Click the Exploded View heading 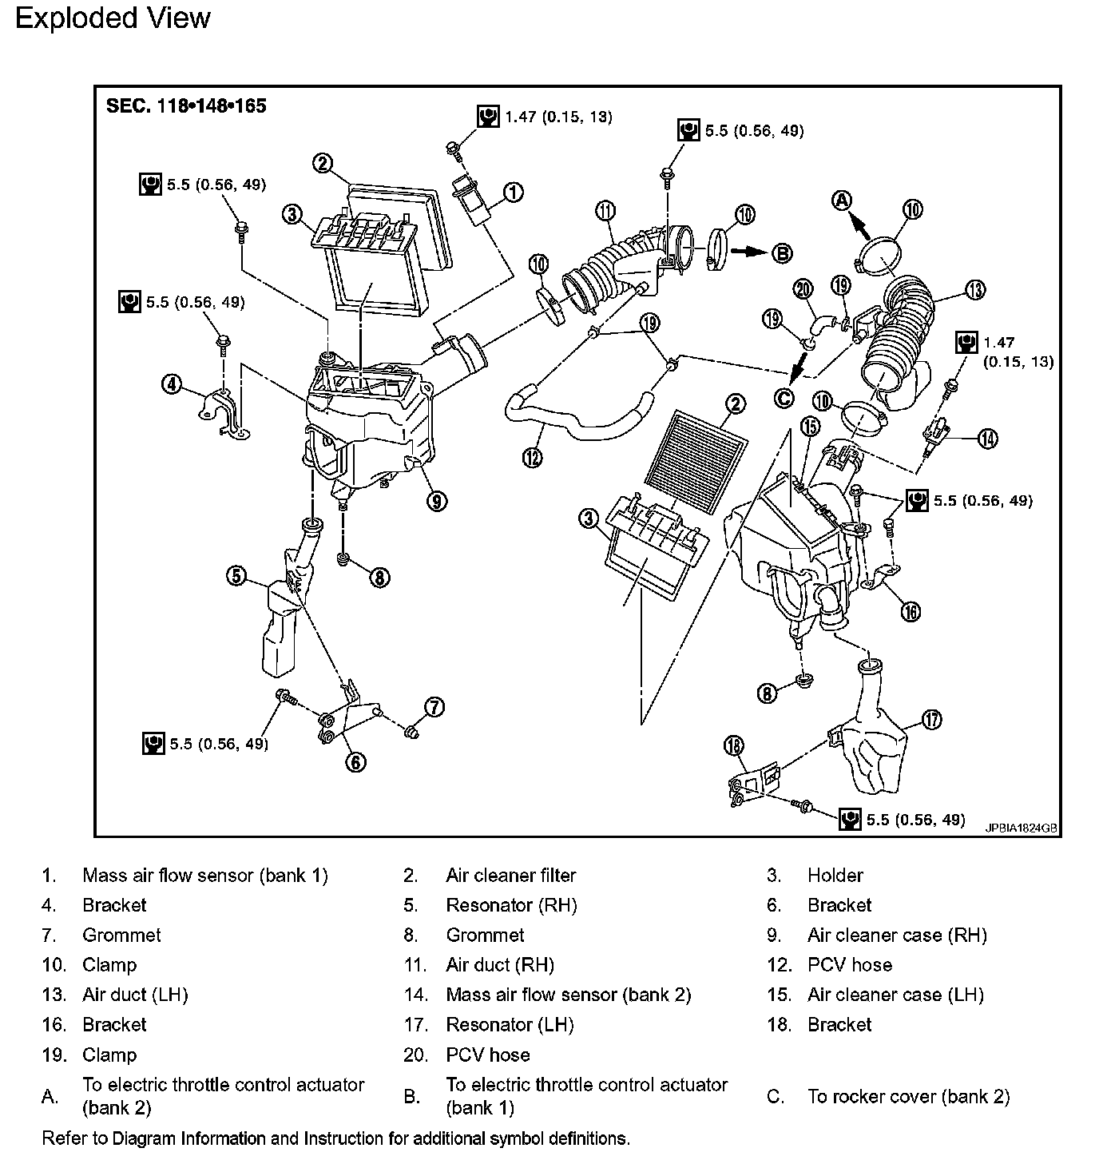(113, 18)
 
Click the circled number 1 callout (513, 192)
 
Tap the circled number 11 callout (606, 211)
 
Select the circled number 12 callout (532, 457)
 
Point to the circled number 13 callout (974, 290)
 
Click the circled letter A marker (843, 201)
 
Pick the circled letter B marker (782, 253)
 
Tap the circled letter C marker (785, 397)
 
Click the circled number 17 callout (931, 720)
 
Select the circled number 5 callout (236, 574)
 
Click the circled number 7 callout (434, 706)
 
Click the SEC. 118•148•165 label (186, 105)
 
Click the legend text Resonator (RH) (511, 905)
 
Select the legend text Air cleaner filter (510, 876)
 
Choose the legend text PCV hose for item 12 (849, 965)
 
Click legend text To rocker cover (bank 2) (908, 1096)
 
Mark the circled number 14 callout (987, 438)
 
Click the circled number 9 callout (436, 501)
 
